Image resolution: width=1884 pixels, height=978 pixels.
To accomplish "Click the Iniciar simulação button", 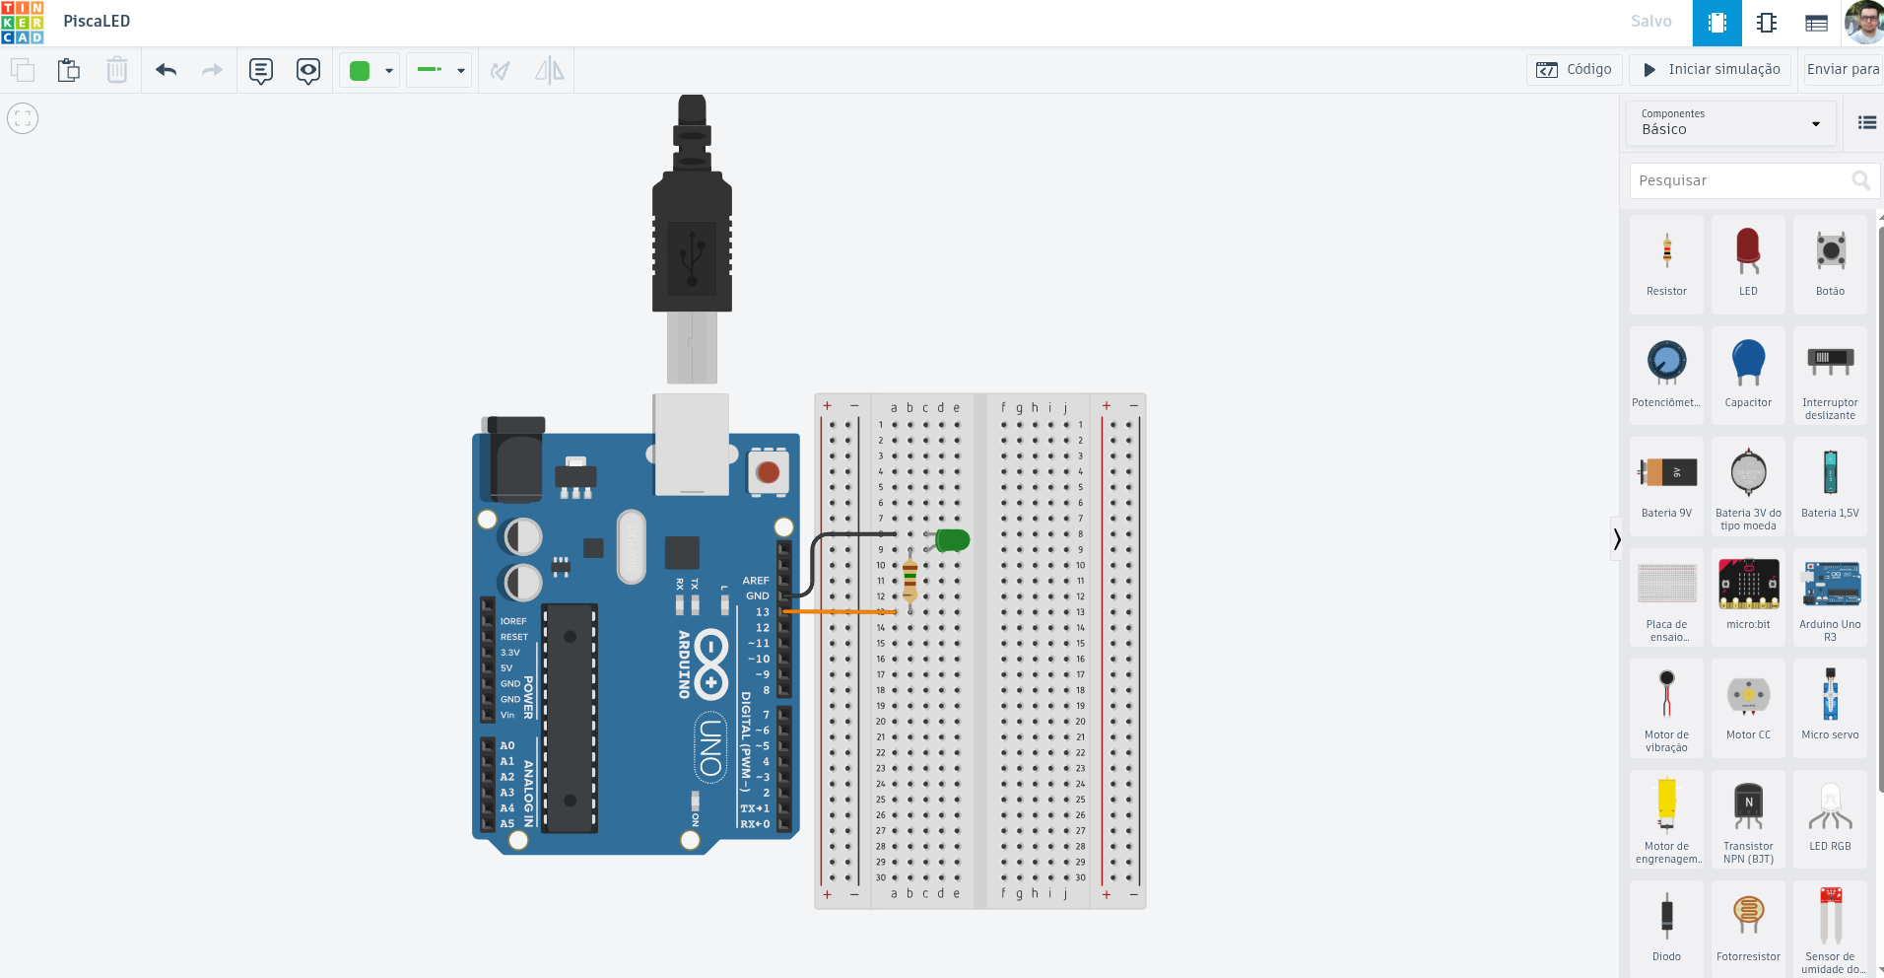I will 1710,70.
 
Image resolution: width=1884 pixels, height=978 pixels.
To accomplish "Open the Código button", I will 1574,70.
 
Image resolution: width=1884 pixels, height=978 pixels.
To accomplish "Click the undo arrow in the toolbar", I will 166,70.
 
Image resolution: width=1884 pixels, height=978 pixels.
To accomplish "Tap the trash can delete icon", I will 116,70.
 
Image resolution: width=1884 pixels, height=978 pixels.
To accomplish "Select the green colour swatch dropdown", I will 370,70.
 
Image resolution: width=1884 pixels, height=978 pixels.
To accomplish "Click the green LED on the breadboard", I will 952,539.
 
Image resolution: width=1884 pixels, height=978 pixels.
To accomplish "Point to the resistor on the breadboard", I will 909,580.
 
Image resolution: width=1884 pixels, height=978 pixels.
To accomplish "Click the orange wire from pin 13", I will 838,612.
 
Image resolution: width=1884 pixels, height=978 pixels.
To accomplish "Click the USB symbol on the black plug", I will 693,257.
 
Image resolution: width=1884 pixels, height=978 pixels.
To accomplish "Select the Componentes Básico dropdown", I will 1730,122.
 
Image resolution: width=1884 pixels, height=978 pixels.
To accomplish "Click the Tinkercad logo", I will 23,22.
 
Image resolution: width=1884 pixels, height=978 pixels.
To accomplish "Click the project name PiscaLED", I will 97,22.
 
